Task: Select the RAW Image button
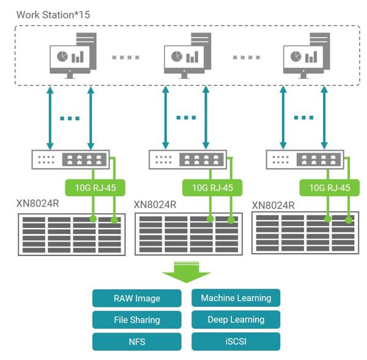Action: [137, 298]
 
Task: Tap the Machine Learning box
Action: [235, 298]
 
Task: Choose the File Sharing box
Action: [137, 320]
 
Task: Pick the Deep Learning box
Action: [235, 319]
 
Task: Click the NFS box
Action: [137, 341]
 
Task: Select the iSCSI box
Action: [235, 341]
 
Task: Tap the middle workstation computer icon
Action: [185, 55]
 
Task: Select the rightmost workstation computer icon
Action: [304, 55]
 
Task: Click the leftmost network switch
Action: [70, 160]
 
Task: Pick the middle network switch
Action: [187, 160]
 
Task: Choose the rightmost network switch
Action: [305, 160]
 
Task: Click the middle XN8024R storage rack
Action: [188, 234]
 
